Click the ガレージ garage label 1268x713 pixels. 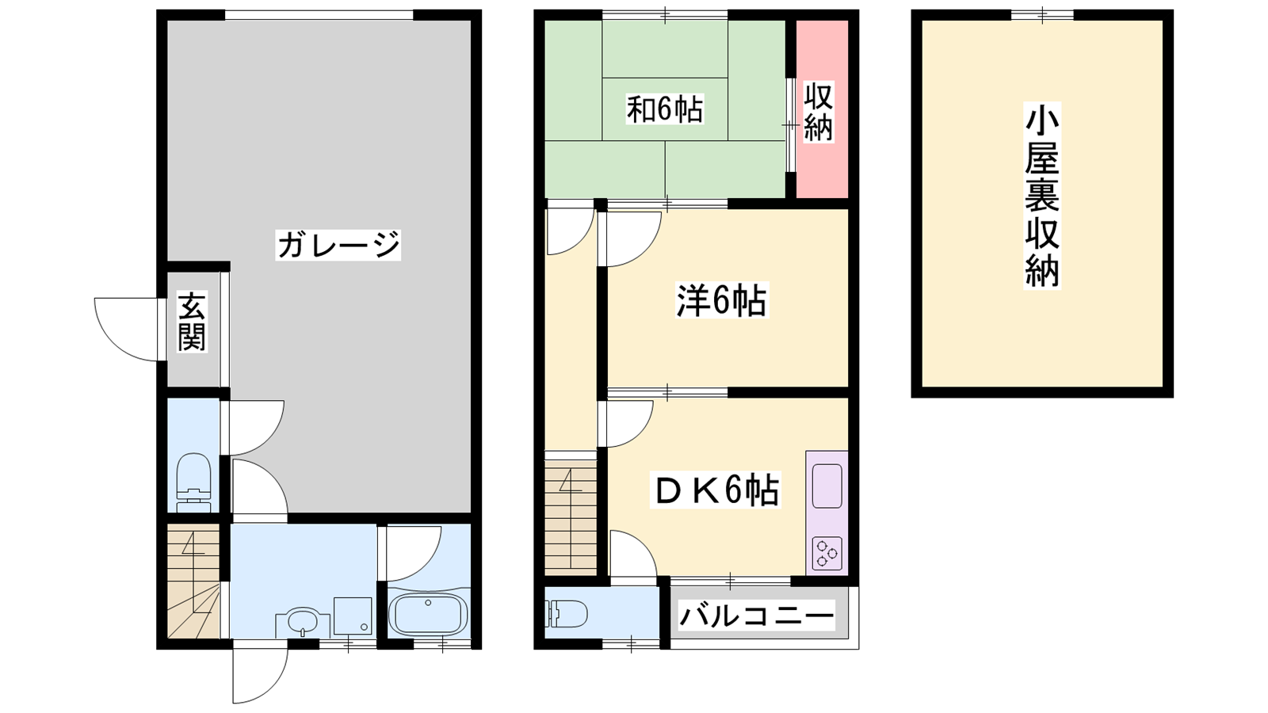click(x=338, y=245)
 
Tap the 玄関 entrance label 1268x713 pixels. click(x=192, y=322)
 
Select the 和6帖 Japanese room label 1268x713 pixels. click(x=665, y=109)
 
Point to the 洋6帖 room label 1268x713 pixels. click(x=722, y=300)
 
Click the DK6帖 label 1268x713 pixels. click(x=716, y=490)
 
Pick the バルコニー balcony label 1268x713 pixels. click(x=756, y=615)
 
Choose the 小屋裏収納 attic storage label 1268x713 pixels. click(x=1041, y=196)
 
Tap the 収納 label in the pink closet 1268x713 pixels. click(x=819, y=112)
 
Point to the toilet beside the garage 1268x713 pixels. click(x=193, y=482)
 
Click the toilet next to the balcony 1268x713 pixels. click(x=566, y=614)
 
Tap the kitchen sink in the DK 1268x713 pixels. click(x=827, y=486)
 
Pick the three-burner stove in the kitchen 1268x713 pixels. click(x=827, y=553)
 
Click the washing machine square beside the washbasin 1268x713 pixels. click(x=353, y=616)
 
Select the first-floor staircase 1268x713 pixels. click(x=193, y=581)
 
